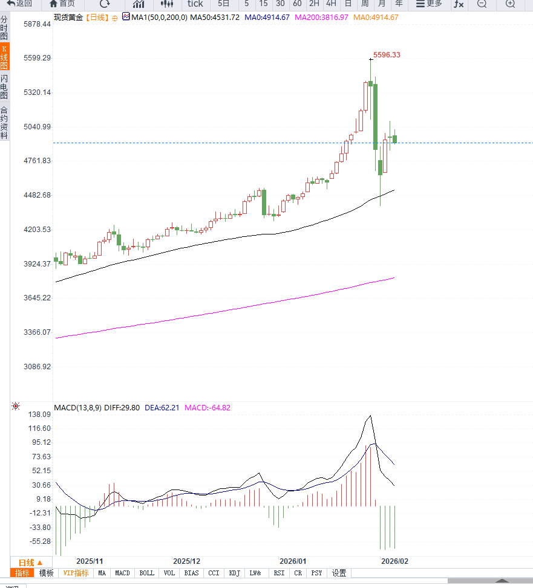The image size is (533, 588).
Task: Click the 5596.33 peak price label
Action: (387, 55)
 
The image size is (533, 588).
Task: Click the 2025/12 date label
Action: (186, 561)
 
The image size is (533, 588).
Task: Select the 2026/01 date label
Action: (293, 561)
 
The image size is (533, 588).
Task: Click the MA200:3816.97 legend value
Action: (321, 18)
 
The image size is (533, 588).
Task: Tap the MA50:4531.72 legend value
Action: (215, 18)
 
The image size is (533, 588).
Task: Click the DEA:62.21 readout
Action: (162, 408)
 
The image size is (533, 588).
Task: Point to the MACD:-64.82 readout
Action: (208, 408)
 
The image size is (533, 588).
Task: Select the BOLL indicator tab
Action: (146, 573)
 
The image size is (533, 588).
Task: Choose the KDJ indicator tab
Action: (234, 573)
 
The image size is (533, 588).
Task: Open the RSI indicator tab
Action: (279, 573)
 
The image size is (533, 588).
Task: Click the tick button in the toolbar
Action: (195, 4)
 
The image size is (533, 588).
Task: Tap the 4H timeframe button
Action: (331, 4)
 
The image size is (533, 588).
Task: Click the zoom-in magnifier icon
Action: (510, 4)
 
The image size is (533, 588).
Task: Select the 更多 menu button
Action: (428, 4)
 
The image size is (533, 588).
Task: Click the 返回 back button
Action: (19, 4)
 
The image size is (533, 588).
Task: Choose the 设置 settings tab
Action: (339, 573)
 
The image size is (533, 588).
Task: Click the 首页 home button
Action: (62, 4)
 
